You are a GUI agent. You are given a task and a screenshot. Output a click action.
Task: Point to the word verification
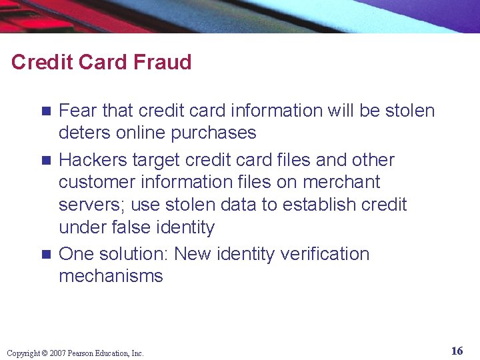[325, 254]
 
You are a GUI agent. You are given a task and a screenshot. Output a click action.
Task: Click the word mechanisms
[111, 276]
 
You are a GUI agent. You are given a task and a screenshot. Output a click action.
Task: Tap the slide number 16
[457, 351]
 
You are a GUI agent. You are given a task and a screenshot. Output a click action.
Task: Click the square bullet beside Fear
[46, 111]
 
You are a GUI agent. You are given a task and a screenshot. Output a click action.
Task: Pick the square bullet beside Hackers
[46, 161]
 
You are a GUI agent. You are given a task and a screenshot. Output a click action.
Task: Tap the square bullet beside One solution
[46, 255]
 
